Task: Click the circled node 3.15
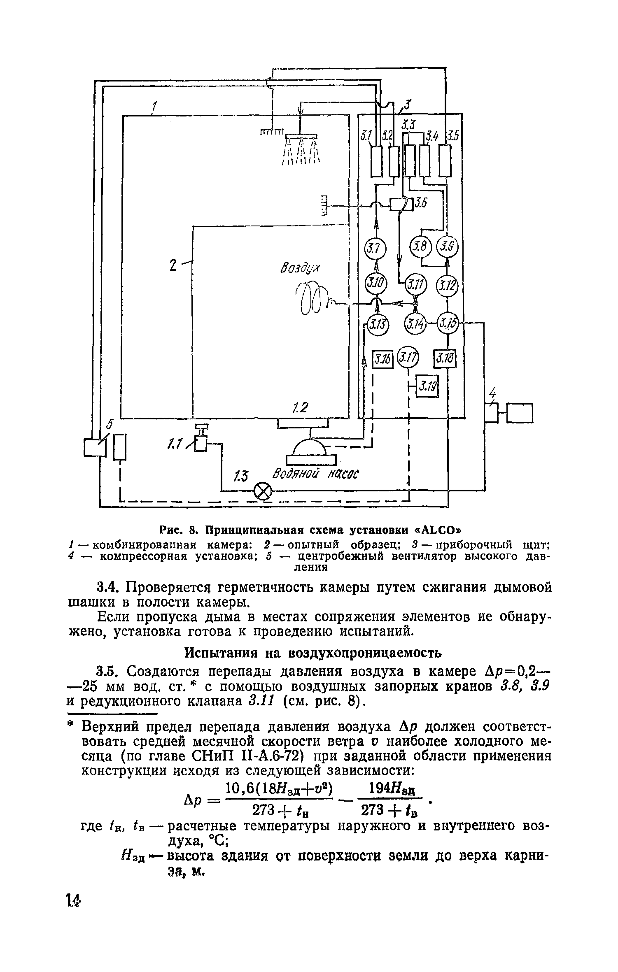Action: tap(448, 323)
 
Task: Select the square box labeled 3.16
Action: tap(383, 359)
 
